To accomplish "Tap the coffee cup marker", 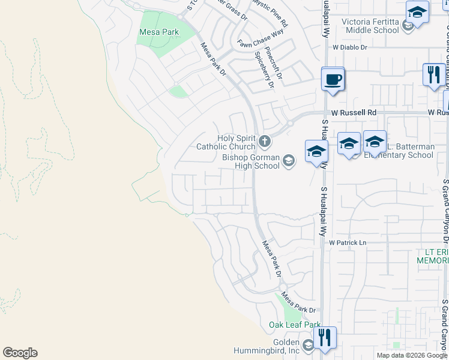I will [x=333, y=79].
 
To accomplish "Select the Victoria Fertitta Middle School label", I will [x=370, y=26].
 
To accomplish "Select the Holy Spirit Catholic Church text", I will [x=227, y=142].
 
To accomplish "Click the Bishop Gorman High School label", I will [x=251, y=161].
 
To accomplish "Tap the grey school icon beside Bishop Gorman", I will [x=289, y=160].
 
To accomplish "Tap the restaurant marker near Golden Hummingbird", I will [x=324, y=337].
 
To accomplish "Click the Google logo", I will [x=20, y=353].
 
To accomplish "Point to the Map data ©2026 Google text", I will [x=412, y=355].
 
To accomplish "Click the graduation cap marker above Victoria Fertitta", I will [x=417, y=12].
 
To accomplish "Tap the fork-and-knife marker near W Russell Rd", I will [x=432, y=75].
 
